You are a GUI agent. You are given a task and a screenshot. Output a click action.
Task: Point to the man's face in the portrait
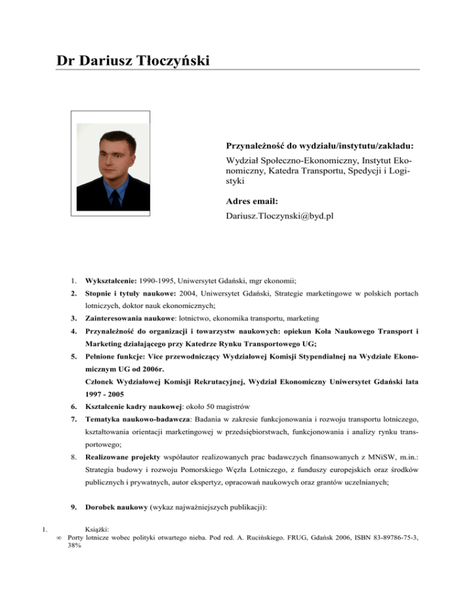[114, 158]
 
